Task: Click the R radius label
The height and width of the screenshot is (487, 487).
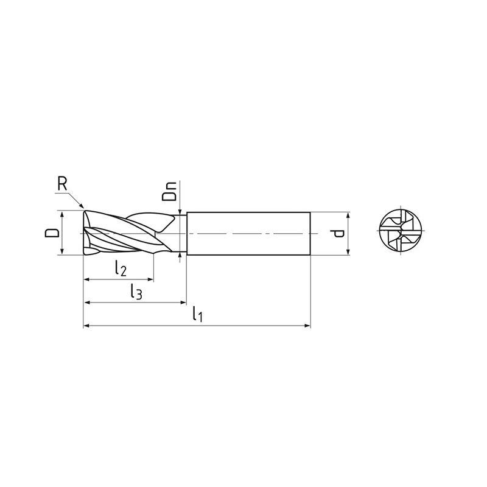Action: (x=63, y=184)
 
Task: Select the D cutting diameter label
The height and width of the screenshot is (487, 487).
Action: (x=52, y=233)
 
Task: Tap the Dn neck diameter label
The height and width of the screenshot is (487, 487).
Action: (x=169, y=191)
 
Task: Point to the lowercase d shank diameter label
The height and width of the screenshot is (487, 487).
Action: (x=337, y=234)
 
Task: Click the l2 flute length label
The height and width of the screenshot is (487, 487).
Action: (x=120, y=268)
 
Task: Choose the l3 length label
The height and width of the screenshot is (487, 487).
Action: (x=136, y=292)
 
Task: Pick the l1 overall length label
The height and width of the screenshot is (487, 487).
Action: (x=197, y=314)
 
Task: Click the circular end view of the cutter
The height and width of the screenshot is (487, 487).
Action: (x=401, y=231)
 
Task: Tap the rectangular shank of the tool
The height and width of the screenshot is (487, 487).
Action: (x=248, y=234)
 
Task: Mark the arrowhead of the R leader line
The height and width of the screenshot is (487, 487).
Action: (x=82, y=205)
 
